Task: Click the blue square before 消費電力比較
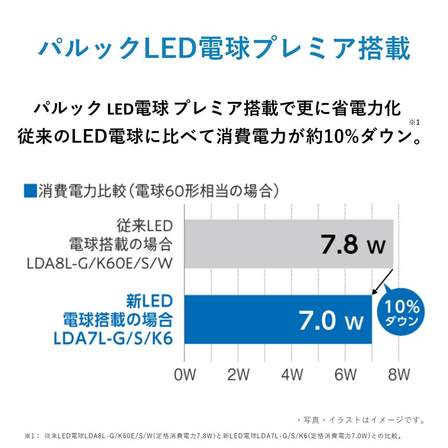(x=30, y=191)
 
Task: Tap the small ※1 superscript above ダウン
(x=414, y=122)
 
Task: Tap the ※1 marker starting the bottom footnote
(x=31, y=436)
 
